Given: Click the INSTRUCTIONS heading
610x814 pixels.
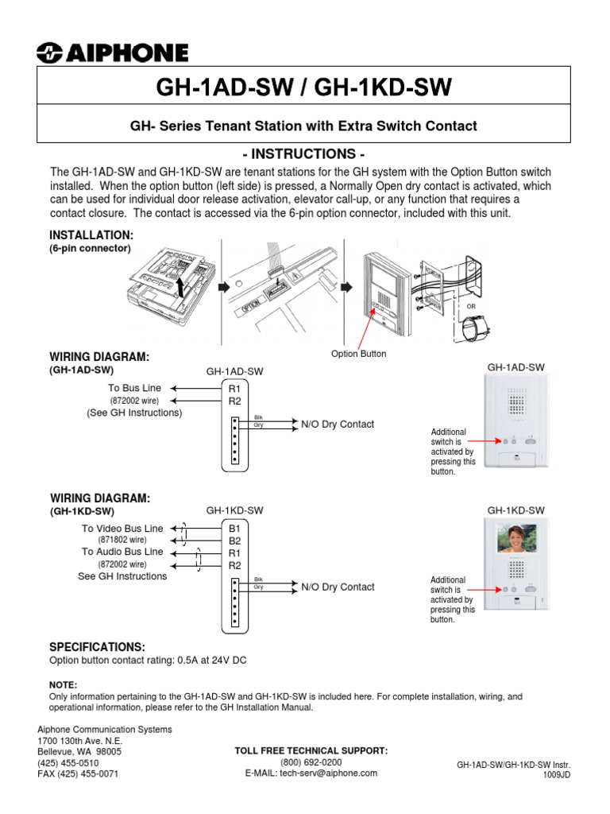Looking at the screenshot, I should coord(305,153).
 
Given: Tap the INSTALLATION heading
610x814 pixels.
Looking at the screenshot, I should coord(91,236).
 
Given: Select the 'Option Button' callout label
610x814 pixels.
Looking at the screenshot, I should coord(359,354).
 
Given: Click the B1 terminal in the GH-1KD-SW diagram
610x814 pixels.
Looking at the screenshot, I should coord(234,527).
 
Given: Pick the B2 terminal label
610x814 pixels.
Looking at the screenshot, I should coord(234,540).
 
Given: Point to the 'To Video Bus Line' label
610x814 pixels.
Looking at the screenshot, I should coord(122,528).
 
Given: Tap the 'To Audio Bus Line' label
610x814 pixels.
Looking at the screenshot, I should coord(122,552).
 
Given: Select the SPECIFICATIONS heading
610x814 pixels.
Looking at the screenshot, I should coord(98,647).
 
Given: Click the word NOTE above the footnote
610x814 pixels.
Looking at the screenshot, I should coord(63,684).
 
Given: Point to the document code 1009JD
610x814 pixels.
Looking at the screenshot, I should coord(557,774).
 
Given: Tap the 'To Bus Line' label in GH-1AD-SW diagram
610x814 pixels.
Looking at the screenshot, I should coord(134,388).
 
